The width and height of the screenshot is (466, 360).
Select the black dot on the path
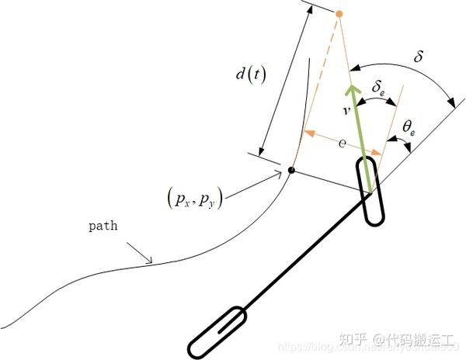pyautogui.click(x=290, y=170)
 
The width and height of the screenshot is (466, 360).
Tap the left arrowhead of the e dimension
pyautogui.click(x=308, y=133)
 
